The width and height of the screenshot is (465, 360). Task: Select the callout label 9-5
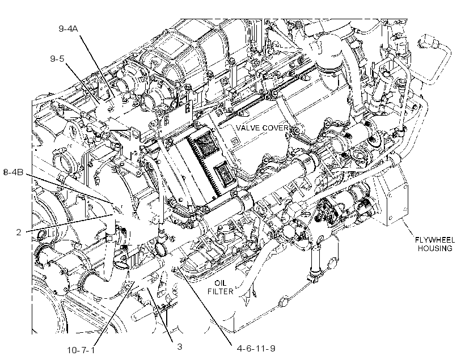[x=57, y=59]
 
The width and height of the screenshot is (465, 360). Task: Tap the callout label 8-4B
[x=14, y=172]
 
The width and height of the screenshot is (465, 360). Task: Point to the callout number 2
[x=19, y=232]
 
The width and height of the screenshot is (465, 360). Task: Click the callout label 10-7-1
[x=81, y=350]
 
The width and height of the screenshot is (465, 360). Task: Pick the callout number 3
[x=179, y=346]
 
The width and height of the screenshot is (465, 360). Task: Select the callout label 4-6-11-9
[x=256, y=348]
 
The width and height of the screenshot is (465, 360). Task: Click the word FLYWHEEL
[x=435, y=240]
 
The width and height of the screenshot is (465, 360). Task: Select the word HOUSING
[x=435, y=248]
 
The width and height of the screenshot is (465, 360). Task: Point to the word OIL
[x=221, y=283]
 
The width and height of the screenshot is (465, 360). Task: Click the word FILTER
[x=221, y=291]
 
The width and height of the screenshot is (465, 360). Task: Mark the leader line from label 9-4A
[x=98, y=66]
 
